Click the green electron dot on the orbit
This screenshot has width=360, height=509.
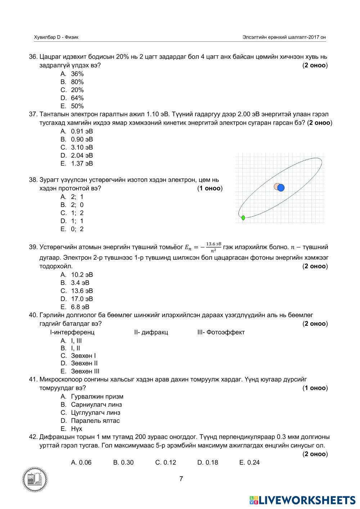point(243,218)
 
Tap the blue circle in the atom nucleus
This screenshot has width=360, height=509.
point(281,188)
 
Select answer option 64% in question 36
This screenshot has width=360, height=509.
point(77,98)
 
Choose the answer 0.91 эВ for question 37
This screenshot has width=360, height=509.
point(82,131)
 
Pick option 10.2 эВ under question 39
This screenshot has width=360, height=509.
point(82,275)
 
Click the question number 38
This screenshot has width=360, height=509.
point(33,180)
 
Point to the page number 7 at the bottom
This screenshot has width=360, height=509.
point(181,479)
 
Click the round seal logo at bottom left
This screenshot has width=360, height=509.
point(35,479)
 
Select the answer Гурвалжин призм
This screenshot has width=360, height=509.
point(97,396)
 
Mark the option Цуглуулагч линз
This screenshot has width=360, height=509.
point(95,413)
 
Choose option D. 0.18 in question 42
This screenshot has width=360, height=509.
point(207,463)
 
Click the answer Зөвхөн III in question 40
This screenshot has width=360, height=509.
point(85,371)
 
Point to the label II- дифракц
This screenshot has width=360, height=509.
point(151,332)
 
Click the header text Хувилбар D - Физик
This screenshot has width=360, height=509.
point(56,37)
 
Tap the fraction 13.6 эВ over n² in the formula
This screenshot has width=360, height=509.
point(213,247)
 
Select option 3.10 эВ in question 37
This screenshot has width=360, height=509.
point(82,147)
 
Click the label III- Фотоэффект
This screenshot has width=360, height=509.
point(221,332)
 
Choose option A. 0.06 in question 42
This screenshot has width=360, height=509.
point(81,463)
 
